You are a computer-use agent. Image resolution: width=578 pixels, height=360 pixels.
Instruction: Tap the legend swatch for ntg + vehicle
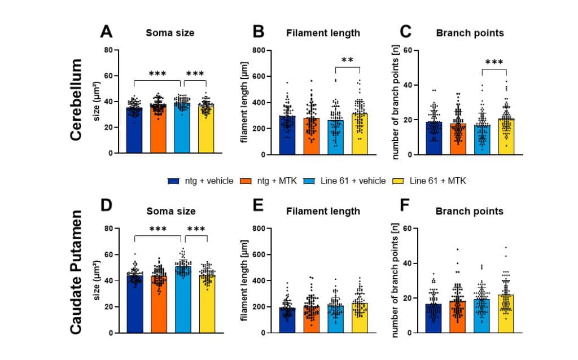[173, 181]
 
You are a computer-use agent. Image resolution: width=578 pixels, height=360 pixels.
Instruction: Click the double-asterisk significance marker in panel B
[347, 60]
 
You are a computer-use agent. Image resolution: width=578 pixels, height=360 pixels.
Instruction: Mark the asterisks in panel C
[494, 62]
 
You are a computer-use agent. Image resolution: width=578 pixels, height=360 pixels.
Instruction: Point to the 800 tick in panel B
[259, 50]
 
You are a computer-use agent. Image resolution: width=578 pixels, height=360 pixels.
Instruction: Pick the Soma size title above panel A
[170, 33]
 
